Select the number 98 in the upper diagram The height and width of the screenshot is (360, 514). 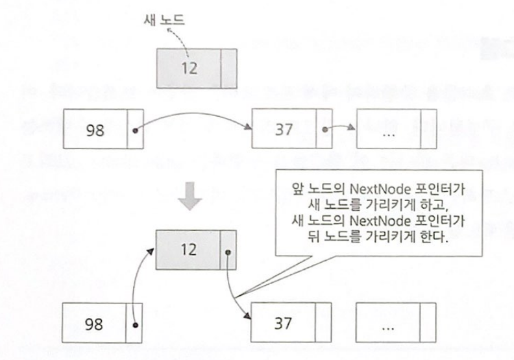[x=95, y=128]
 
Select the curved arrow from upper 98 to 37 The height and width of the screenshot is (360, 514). [x=195, y=110]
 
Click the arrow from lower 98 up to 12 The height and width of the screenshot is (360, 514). [x=138, y=279]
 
